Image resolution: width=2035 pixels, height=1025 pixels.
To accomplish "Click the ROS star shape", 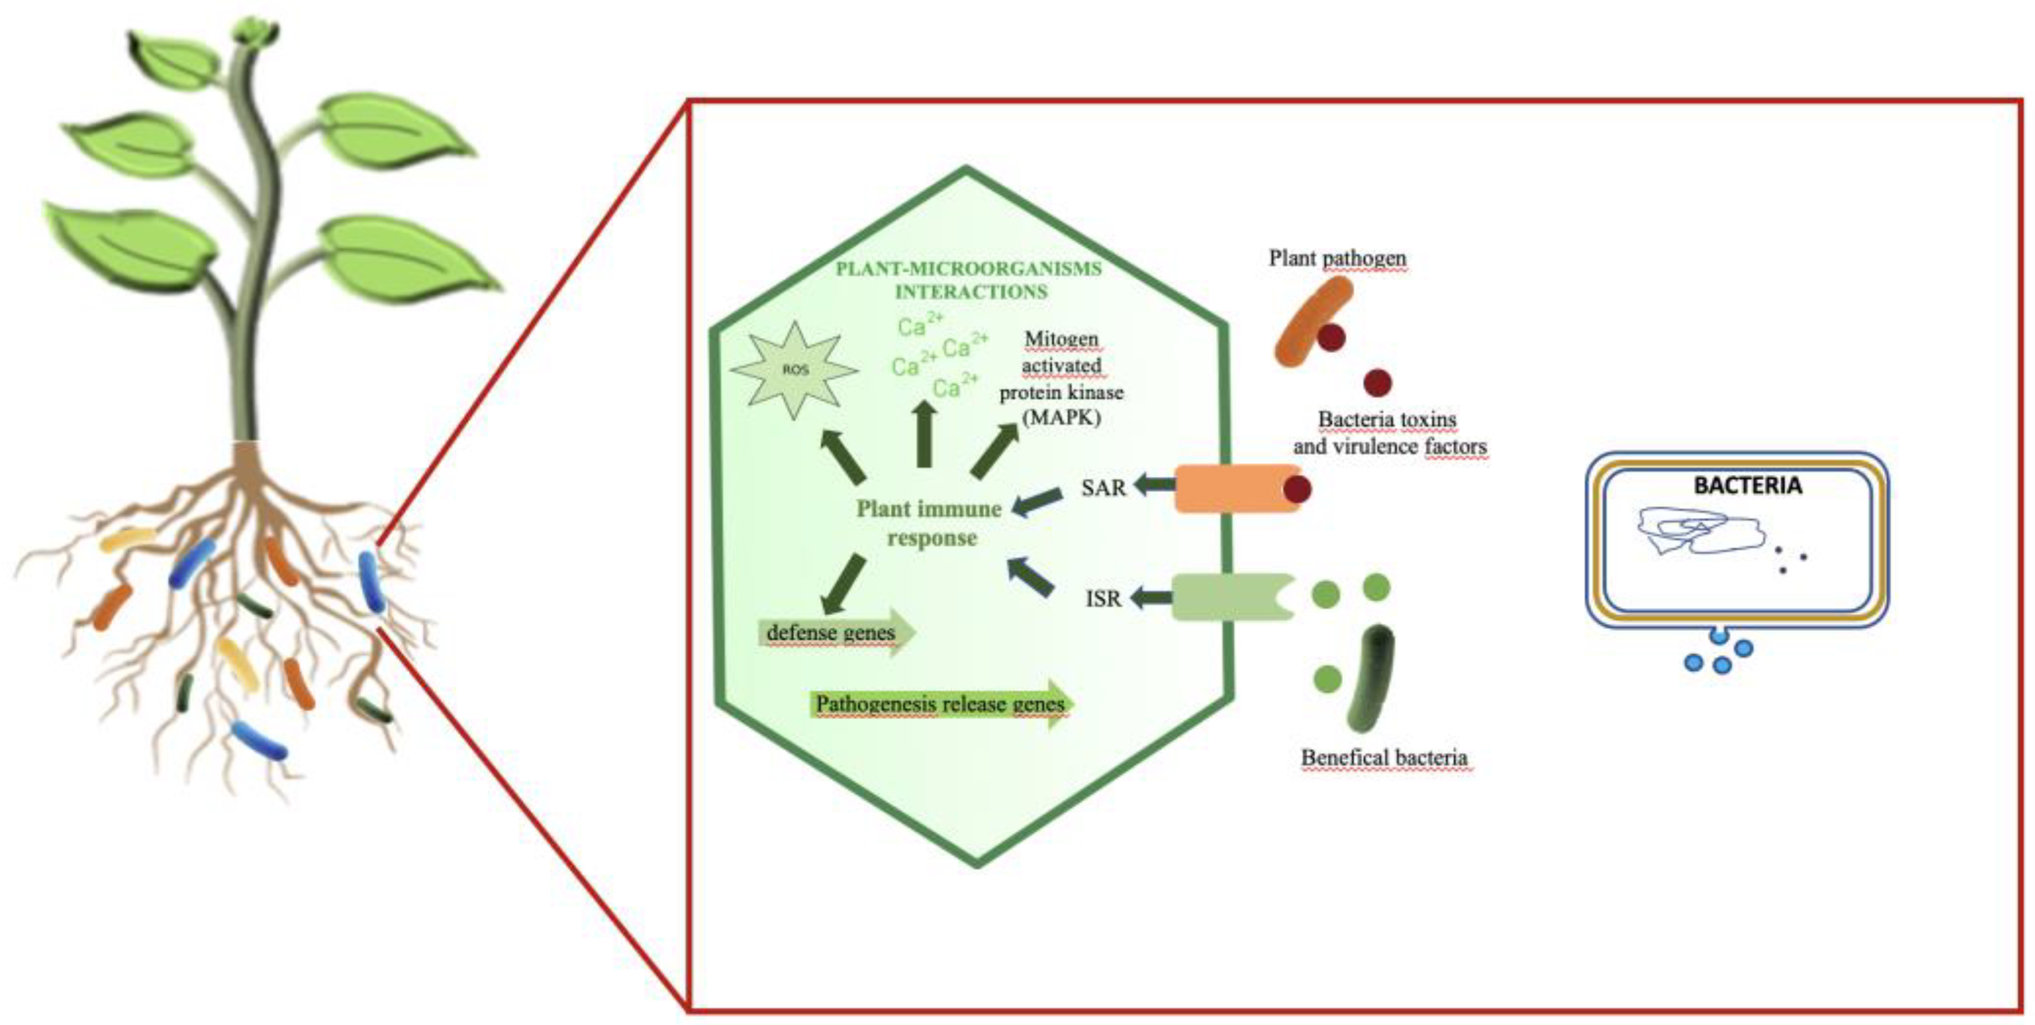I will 794,369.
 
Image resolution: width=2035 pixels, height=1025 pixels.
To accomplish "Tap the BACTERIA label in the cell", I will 1748,485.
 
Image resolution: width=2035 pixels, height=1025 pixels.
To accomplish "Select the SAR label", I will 1103,488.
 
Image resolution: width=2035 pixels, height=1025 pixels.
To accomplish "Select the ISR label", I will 1103,598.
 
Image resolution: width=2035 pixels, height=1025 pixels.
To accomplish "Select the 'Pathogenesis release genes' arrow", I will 939,703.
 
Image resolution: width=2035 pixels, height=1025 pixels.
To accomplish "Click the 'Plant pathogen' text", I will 1336,258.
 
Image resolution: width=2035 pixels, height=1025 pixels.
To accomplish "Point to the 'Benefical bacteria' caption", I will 1384,757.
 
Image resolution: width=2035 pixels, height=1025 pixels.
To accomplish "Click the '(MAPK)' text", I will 1061,416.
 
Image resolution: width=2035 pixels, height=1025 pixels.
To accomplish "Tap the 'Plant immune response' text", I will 930,523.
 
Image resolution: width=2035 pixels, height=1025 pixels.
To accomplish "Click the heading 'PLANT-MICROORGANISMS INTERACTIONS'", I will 970,279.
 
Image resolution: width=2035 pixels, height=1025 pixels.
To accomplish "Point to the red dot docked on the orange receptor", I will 1297,489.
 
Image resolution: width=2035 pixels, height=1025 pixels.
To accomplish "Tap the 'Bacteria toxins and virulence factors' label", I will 1389,433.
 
